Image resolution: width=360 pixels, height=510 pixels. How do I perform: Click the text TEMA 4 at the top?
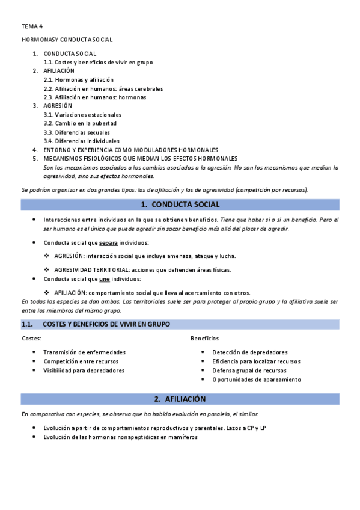(x=32, y=27)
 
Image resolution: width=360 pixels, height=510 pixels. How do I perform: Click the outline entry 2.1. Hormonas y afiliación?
(x=78, y=79)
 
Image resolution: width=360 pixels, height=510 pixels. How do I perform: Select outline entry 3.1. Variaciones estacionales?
(x=82, y=114)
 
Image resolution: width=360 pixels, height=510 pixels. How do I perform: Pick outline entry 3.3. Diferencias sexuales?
(x=77, y=132)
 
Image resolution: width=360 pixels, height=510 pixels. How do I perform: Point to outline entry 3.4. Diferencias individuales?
(x=81, y=141)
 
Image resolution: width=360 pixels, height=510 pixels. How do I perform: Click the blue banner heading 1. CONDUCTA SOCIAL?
(x=180, y=204)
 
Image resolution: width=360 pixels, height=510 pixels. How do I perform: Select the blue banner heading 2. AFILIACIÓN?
(x=180, y=399)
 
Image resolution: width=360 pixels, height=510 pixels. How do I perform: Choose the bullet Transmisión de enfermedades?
(x=84, y=352)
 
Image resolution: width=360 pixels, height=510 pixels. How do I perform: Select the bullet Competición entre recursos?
(x=81, y=361)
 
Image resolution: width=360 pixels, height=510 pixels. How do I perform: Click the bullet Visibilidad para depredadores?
(x=84, y=370)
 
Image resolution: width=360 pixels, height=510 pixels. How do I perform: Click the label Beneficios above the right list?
(x=204, y=339)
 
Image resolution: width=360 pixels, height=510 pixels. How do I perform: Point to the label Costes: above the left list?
(x=31, y=339)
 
